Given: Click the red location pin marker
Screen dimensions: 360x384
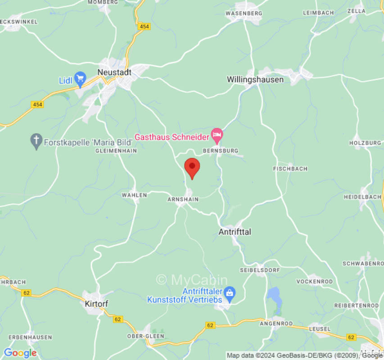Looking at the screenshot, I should pos(192,167).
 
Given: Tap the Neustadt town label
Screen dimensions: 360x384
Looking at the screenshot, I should pos(114,72).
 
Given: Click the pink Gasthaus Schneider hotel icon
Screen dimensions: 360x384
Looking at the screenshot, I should pos(217,135).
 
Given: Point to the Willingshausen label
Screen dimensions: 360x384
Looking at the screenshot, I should pos(255,80).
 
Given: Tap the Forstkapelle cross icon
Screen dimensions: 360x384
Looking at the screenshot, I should pos(36,142).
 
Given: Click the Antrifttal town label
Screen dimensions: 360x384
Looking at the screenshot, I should pos(235,232).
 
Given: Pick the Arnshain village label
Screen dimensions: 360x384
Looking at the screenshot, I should pos(183,199).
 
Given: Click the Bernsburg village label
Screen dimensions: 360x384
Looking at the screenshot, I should pos(221,151).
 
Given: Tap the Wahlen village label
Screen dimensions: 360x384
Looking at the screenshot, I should pos(134,195).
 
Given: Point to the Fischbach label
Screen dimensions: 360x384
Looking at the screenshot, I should pos(290,169).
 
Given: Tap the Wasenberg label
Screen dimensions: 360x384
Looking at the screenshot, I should pos(244,13).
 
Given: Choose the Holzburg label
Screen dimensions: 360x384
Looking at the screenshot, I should pos(365,143).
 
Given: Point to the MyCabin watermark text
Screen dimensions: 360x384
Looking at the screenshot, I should pos(192,280).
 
